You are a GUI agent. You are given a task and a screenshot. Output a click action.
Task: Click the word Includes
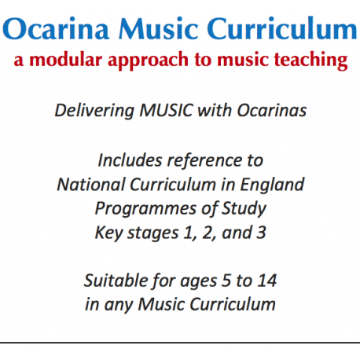(129, 160)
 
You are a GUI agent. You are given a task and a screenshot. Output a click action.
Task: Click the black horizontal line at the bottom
(180, 343)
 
